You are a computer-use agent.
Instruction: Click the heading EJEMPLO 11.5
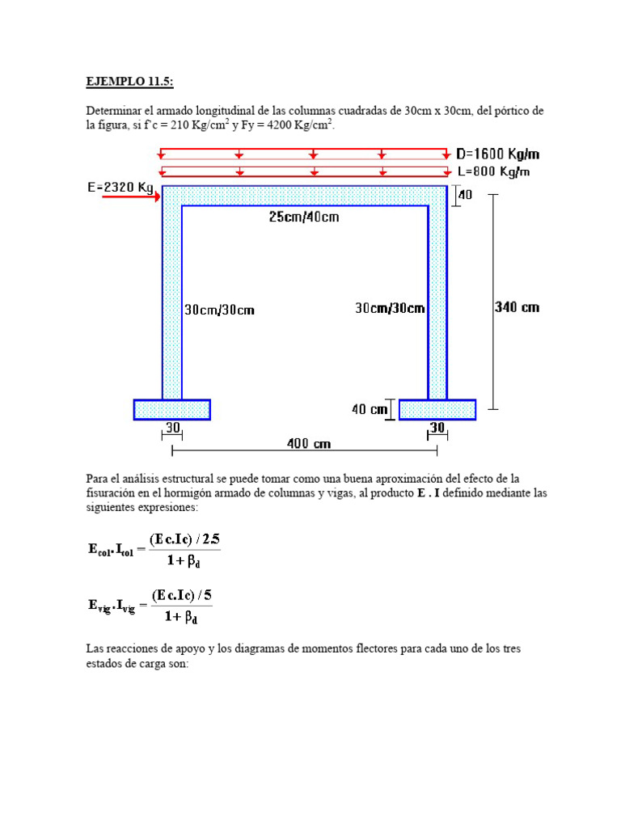coord(129,82)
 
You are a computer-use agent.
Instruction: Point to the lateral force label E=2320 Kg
coord(120,187)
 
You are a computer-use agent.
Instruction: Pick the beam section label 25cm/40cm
coord(304,217)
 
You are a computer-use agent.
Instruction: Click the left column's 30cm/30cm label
coord(219,310)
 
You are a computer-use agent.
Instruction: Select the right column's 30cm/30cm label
coord(390,308)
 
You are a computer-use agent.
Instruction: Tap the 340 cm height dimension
coord(516,306)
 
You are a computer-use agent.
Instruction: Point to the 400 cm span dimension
coord(309,444)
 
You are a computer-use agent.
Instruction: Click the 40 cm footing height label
coord(370,410)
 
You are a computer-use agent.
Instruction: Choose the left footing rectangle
coord(171,410)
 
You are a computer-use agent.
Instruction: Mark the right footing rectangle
coord(437,410)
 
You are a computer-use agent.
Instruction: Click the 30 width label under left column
coord(172,427)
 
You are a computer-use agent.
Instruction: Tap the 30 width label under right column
coord(437,427)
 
